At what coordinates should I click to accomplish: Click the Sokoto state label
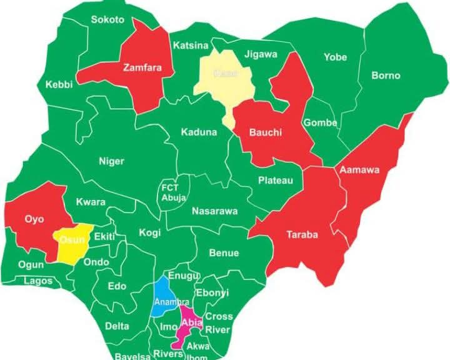point(107,19)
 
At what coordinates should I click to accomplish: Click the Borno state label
point(386,76)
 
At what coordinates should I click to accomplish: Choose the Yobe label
point(335,57)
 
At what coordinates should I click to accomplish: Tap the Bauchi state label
point(266,132)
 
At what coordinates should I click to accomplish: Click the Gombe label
point(320,122)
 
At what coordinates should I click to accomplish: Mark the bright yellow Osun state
point(69,241)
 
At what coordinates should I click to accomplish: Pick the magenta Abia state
point(187,324)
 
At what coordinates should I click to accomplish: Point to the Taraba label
point(302,235)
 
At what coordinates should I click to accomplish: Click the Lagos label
point(38,281)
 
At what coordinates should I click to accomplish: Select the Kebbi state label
point(59,84)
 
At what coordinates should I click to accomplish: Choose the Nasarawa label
point(214,211)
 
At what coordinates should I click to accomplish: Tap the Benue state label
point(224,253)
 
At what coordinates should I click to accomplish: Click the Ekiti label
point(104,236)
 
